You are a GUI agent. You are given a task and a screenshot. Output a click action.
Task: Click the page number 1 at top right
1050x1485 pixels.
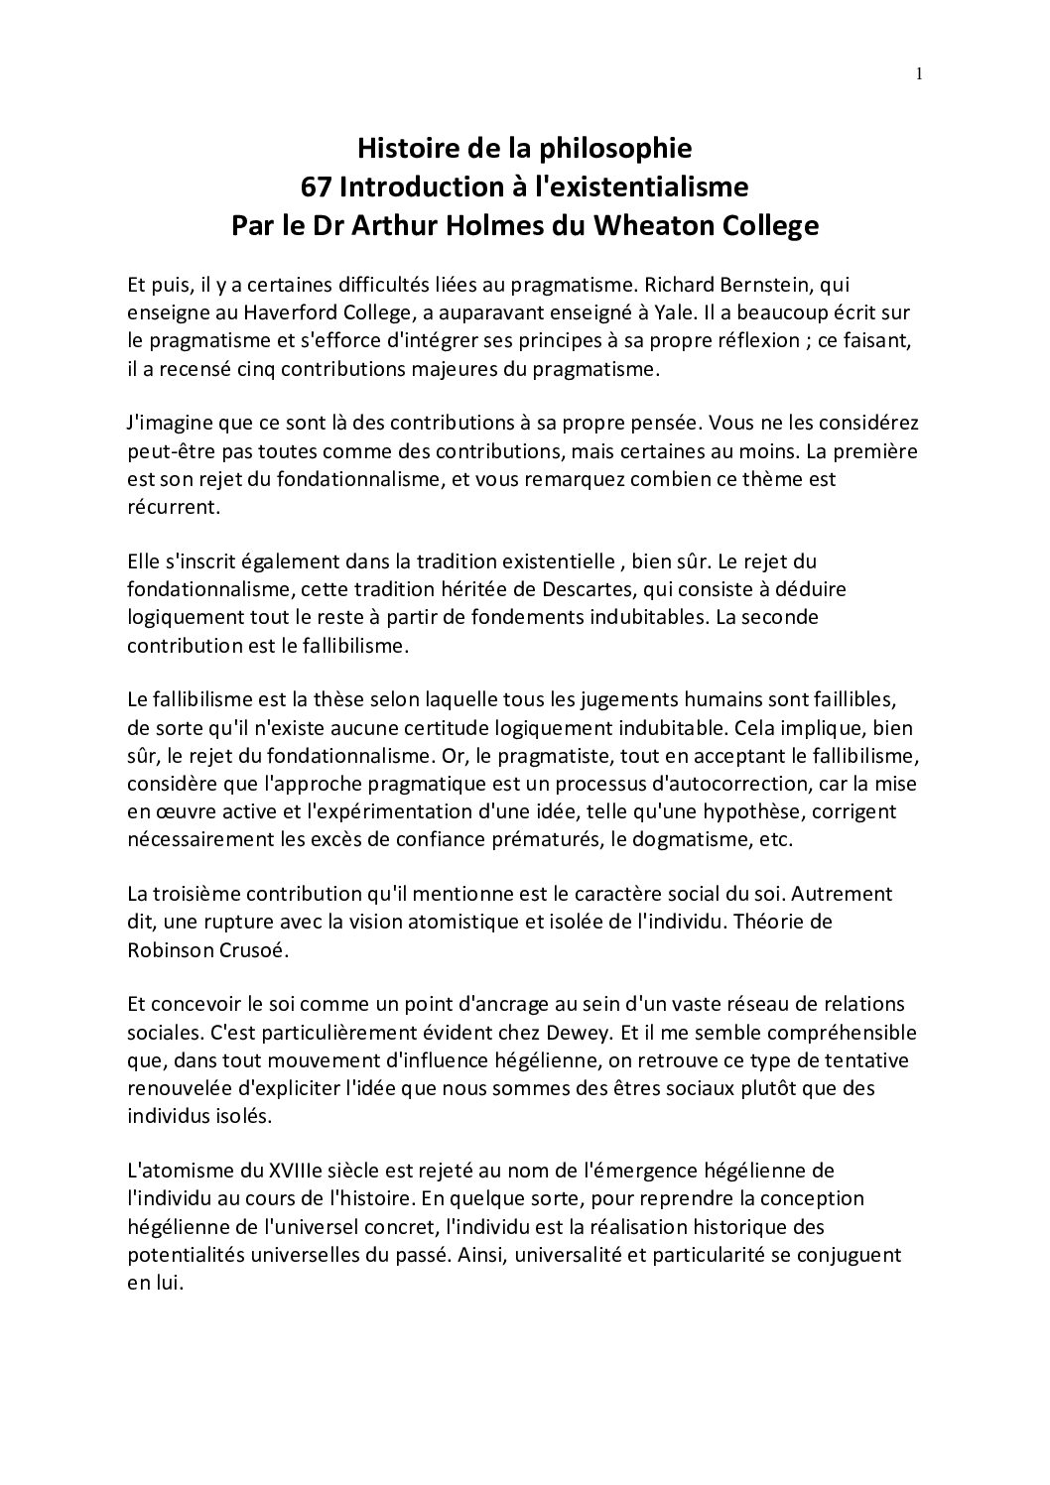click(x=919, y=73)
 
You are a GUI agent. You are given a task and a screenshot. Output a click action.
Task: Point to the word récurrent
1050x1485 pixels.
click(x=171, y=507)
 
